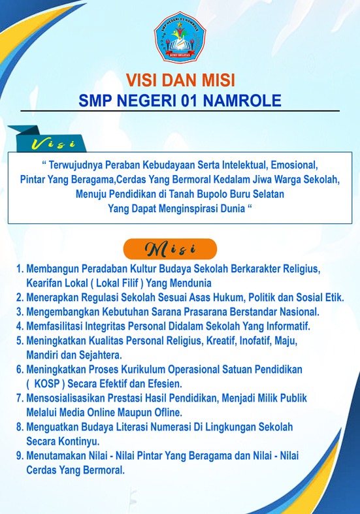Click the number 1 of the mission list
19,269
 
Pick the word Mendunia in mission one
189,283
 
